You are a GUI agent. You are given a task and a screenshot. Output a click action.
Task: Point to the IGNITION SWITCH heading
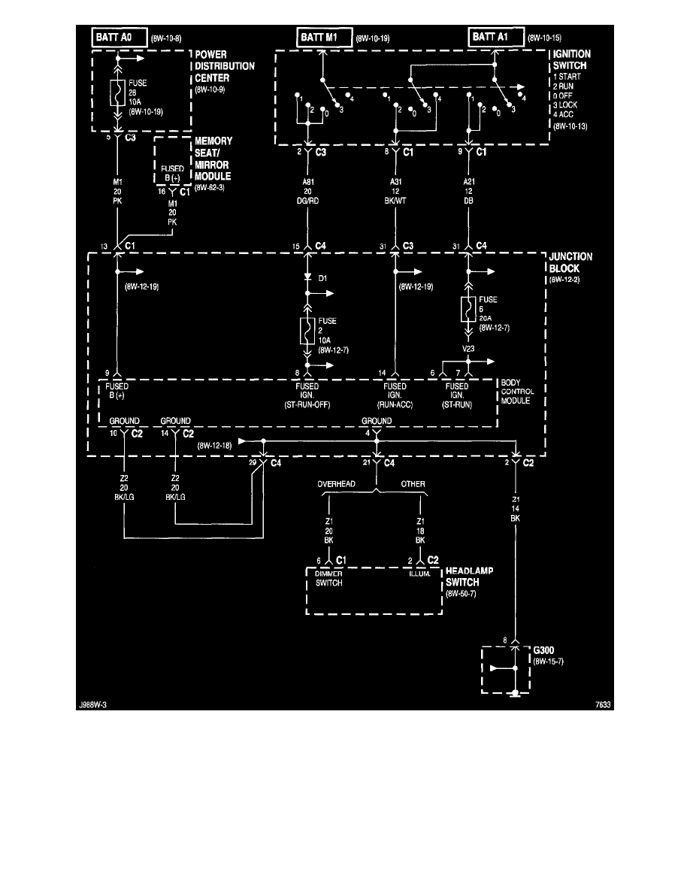tap(572, 60)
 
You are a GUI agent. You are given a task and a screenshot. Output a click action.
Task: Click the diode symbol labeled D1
tap(307, 278)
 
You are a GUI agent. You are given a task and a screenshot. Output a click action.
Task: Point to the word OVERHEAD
tap(336, 484)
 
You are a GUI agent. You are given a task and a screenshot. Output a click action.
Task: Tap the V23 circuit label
tap(469, 349)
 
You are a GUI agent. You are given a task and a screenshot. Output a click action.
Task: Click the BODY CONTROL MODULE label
tap(517, 391)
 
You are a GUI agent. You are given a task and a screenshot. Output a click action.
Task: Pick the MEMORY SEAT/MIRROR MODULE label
tap(213, 159)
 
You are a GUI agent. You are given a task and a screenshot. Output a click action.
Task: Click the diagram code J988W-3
tap(96, 704)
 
